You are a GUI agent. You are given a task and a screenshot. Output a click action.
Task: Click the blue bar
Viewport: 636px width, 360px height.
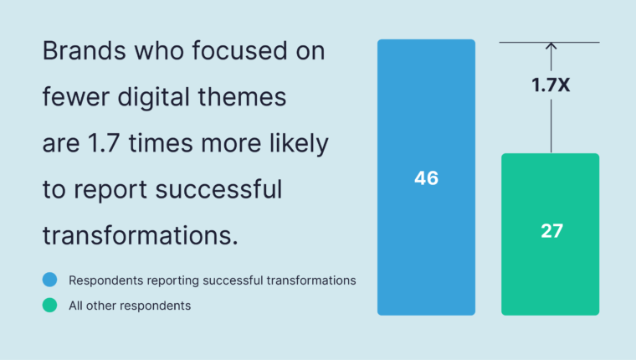pos(426,177)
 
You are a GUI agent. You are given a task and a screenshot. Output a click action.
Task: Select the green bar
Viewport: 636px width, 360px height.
pos(551,234)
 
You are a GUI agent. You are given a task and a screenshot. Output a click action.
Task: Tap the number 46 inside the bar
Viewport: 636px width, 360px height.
pos(426,178)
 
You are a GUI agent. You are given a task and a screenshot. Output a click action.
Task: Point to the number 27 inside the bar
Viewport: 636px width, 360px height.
pos(552,231)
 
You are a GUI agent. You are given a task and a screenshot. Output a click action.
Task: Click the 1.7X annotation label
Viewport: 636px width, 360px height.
pos(551,85)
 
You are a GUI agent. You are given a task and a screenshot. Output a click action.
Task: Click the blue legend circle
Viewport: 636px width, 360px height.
pos(50,280)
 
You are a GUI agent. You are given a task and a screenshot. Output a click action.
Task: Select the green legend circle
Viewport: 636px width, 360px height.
pos(50,306)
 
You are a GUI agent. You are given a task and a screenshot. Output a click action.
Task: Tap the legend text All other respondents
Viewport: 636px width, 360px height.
pos(130,306)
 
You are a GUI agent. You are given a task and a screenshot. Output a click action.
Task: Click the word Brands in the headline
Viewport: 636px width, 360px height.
pos(84,51)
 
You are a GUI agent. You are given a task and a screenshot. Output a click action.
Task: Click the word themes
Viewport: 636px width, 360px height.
pos(242,97)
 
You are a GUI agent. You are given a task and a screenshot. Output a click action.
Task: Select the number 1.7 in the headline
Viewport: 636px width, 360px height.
pos(104,144)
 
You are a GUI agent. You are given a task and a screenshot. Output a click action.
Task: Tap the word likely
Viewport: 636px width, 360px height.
pos(299,144)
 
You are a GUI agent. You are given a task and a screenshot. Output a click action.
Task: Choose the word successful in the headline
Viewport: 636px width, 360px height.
pos(218,190)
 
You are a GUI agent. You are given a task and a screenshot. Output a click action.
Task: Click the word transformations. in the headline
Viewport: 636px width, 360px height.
pos(140,236)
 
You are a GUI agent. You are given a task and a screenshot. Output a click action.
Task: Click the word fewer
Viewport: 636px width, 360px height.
pos(76,97)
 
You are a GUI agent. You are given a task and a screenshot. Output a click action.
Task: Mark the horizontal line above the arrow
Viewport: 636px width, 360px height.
pos(549,42)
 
